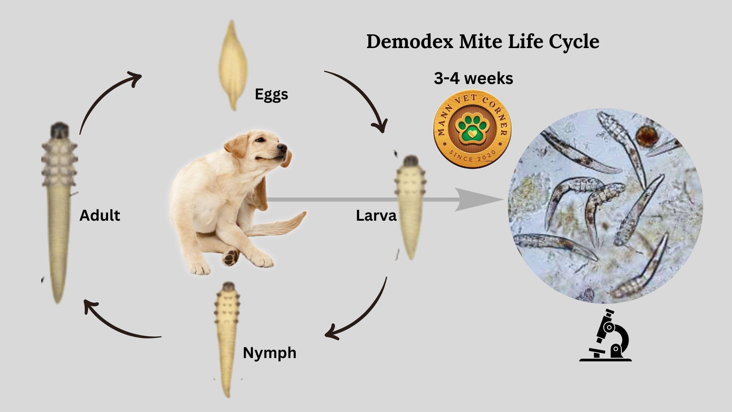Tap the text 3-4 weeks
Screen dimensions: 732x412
pyautogui.click(x=474, y=78)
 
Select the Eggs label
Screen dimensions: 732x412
pyautogui.click(x=271, y=95)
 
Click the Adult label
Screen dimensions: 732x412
pyautogui.click(x=100, y=215)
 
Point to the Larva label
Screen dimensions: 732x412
pyautogui.click(x=376, y=215)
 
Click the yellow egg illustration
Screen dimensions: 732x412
pyautogui.click(x=233, y=65)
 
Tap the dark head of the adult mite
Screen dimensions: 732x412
pyautogui.click(x=59, y=130)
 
